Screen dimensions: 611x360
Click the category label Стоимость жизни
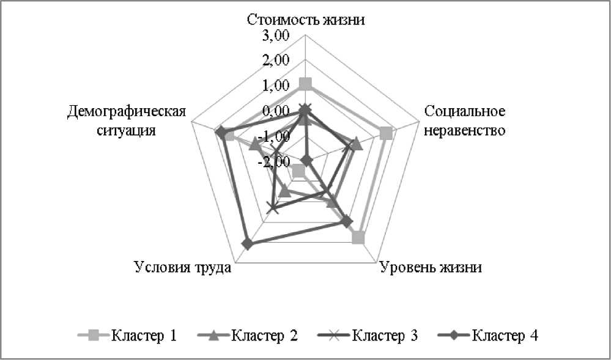coord(306,18)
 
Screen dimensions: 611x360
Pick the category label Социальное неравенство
coord(465,121)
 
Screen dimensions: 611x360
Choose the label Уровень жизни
coord(431,268)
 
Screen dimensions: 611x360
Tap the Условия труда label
coord(182,268)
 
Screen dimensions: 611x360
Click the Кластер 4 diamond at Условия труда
coord(247,244)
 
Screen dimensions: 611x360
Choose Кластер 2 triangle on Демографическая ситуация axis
coord(255,144)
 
